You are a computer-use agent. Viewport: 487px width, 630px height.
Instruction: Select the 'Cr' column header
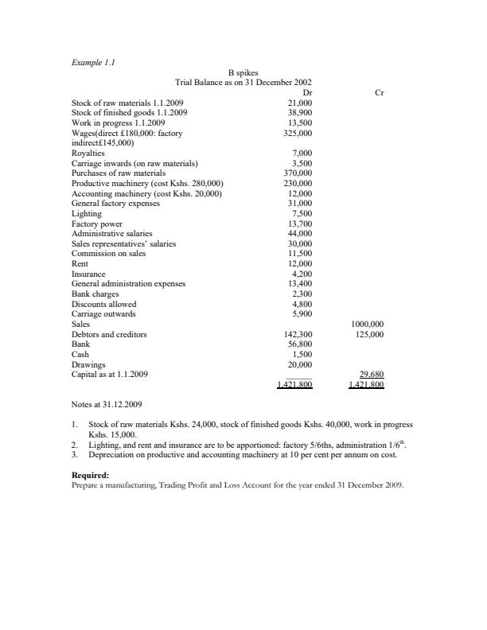(x=379, y=92)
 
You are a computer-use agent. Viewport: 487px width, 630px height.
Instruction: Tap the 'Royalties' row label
(x=88, y=153)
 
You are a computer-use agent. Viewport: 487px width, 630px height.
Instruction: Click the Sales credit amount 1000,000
(x=367, y=325)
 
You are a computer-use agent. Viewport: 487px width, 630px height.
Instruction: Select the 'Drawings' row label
(x=88, y=365)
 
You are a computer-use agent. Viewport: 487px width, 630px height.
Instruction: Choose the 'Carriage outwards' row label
(x=104, y=314)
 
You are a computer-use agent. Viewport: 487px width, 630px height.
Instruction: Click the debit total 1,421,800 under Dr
(x=294, y=385)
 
